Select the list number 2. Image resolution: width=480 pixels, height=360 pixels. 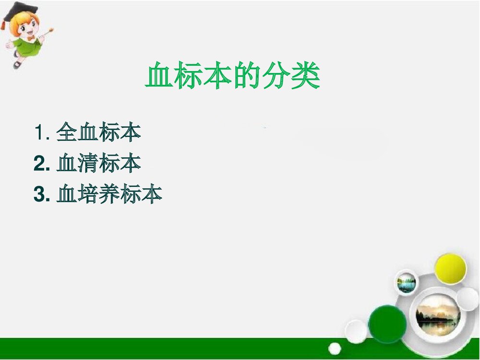pos(40,164)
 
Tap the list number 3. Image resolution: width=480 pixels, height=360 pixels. pos(40,194)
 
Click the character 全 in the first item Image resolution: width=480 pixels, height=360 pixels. pos(67,132)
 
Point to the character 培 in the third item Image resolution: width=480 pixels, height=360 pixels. pos(88,194)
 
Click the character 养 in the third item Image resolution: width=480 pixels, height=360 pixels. pos(109,194)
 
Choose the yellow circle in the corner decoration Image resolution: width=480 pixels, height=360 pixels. pos(450,269)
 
